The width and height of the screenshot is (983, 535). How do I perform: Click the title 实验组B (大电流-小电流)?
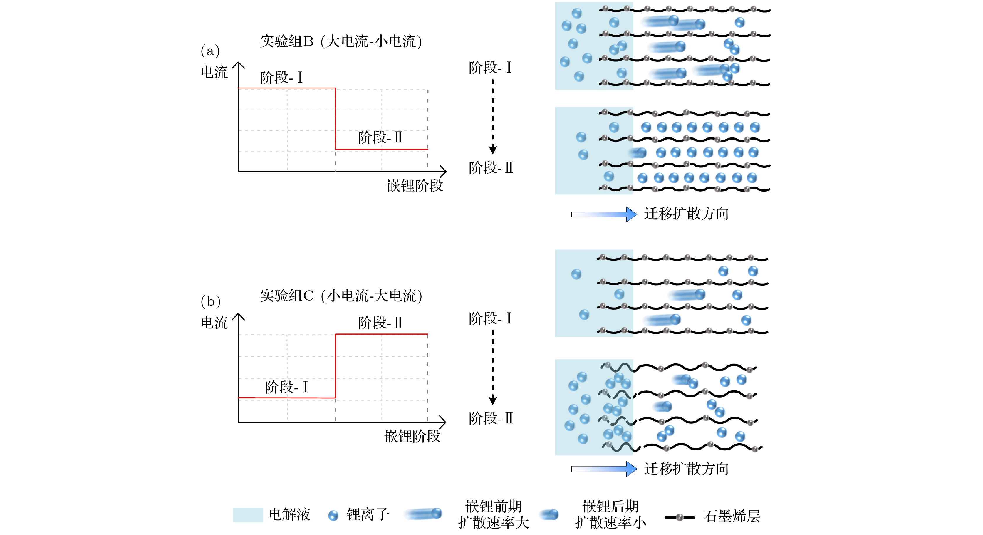point(341,41)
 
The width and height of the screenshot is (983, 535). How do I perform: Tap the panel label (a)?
point(210,51)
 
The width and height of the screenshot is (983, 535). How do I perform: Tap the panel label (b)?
point(211,301)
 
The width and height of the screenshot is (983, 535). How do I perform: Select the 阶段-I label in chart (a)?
point(281,78)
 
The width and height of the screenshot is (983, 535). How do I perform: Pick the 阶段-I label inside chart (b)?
point(286,387)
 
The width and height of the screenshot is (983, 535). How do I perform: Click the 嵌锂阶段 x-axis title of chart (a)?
point(415,186)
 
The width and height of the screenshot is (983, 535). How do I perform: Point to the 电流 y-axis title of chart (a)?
point(214,72)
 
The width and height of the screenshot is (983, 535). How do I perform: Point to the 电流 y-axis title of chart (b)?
point(214,323)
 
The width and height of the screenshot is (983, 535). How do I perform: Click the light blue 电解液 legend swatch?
point(248,515)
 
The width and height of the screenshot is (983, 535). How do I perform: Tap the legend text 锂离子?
point(368,515)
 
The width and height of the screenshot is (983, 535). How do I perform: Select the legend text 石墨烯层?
point(732,516)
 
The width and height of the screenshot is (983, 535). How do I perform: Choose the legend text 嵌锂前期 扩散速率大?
point(493,515)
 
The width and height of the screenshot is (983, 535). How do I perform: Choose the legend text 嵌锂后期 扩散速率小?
point(610,515)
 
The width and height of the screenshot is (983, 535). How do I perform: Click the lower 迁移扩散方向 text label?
point(686,469)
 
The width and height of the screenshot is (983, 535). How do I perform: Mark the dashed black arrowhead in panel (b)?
point(493,400)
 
